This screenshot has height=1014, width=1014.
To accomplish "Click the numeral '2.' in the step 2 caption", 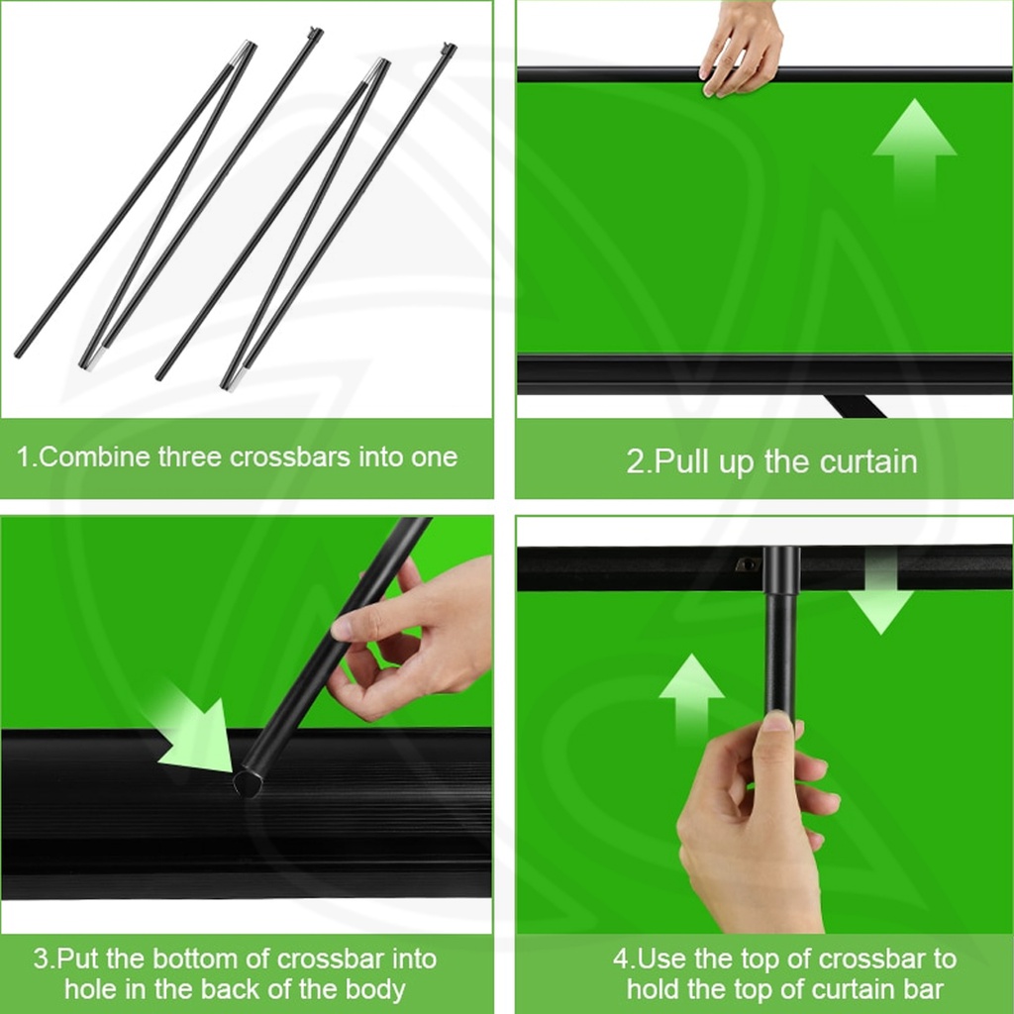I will coord(637,461).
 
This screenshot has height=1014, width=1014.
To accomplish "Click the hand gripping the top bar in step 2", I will coord(741,50).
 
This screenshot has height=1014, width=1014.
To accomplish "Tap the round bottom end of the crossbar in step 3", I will coord(248,784).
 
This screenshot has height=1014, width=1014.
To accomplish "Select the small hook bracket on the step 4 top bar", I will coord(747,564).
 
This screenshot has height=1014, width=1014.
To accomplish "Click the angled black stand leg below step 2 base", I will coord(855,406).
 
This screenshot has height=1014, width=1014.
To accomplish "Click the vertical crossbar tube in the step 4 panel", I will coord(780,634).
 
